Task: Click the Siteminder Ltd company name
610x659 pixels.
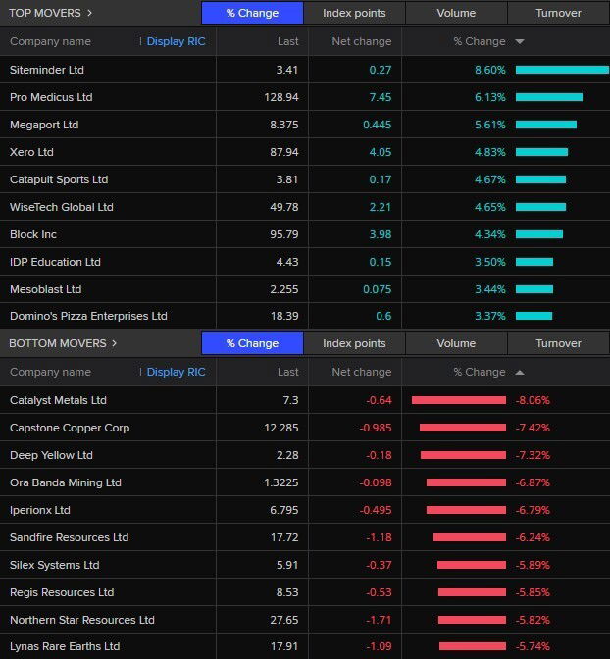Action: (x=47, y=70)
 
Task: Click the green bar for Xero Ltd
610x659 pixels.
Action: (x=541, y=152)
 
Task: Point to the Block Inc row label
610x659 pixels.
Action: (x=33, y=234)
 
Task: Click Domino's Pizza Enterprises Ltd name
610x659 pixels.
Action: (x=88, y=316)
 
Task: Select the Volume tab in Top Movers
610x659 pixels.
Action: (x=456, y=13)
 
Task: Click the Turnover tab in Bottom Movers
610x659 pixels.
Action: (x=558, y=343)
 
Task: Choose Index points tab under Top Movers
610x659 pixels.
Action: (x=354, y=13)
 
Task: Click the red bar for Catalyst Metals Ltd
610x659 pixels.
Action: (x=459, y=400)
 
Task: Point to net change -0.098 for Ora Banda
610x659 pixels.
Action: (x=372, y=482)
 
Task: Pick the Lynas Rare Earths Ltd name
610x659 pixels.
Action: (x=65, y=646)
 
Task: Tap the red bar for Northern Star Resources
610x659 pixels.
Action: (x=474, y=620)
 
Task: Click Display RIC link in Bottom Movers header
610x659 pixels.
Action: (x=176, y=372)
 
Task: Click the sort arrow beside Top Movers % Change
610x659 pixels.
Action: (x=519, y=41)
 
